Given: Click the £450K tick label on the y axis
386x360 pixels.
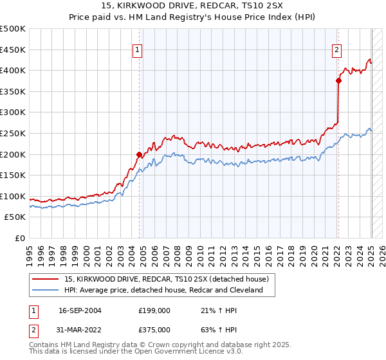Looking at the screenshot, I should (x=13, y=50).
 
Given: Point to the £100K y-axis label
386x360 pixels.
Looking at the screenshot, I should (x=13, y=196).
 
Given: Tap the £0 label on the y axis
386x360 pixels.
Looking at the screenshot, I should (x=20, y=239).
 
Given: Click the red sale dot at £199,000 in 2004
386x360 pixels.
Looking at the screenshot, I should (x=139, y=154).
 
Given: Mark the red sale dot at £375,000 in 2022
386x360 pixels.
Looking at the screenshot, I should (x=338, y=80).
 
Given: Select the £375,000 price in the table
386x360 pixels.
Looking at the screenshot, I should (x=154, y=329).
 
